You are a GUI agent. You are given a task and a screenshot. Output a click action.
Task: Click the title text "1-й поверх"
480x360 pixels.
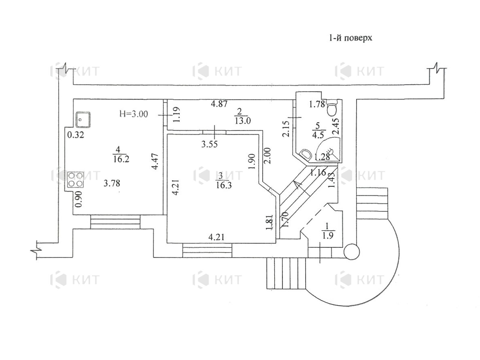point(350,38)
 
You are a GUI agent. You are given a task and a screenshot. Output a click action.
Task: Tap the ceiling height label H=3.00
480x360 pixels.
point(133,114)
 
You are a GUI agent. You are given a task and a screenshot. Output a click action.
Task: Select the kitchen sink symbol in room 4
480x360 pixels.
point(83,119)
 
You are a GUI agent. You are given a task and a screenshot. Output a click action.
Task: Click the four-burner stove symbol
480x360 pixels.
point(75,180)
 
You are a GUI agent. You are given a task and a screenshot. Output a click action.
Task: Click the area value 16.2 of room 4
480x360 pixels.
point(121,159)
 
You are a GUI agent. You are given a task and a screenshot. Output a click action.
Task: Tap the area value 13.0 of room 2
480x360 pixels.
point(243,121)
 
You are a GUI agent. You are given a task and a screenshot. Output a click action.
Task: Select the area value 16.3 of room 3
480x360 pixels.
point(223,185)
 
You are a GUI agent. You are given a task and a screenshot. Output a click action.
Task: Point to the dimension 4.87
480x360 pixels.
point(219,104)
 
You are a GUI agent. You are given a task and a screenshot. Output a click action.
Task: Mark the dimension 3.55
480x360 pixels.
point(209,145)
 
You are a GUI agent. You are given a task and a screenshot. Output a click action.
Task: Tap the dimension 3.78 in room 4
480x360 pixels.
point(112,183)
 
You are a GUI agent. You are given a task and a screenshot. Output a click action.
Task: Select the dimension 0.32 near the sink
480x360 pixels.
point(75,135)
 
